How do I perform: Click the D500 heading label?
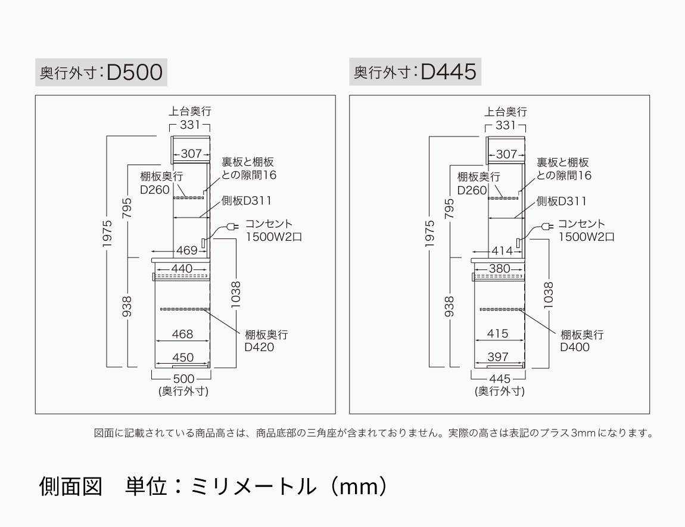tap(101, 72)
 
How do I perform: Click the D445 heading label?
tap(415, 72)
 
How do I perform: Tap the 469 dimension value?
tap(186, 250)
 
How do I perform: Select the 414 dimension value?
tap(502, 251)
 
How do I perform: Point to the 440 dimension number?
tap(182, 269)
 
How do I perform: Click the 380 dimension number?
tap(499, 269)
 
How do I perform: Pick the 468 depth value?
tap(182, 334)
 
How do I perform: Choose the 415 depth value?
tap(497, 334)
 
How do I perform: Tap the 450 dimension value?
tap(182, 357)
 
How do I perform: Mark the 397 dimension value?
tap(497, 357)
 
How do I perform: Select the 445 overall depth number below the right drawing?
tap(499, 379)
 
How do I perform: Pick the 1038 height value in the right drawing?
tap(549, 294)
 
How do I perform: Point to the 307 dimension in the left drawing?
tap(191, 154)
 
